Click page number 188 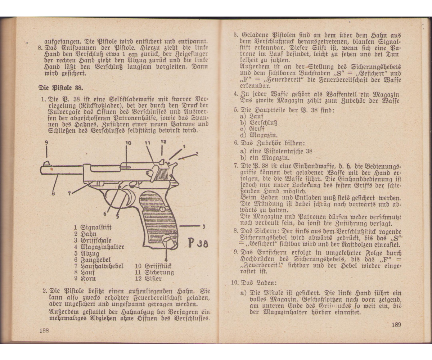pyautogui.click(x=44, y=330)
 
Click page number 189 pyautogui.click(x=396, y=325)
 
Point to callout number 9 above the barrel pyautogui.click(x=46, y=143)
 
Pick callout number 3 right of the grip pyautogui.click(x=203, y=226)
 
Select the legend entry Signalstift pyautogui.click(x=93, y=228)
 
